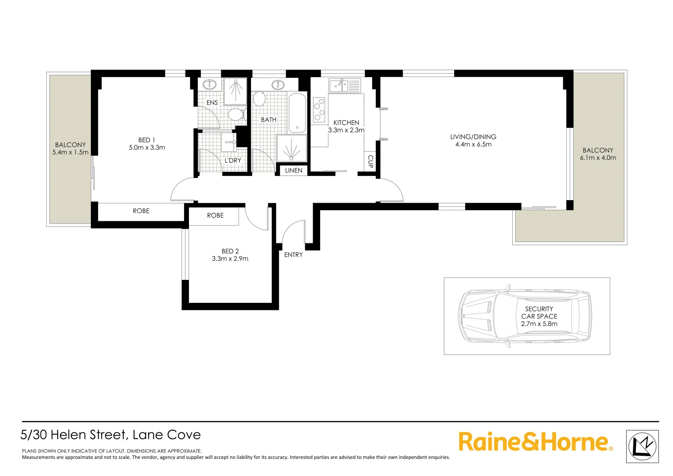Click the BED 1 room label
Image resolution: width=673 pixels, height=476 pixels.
[147, 140]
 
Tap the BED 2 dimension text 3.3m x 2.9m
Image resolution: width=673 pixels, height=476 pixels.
[230, 259]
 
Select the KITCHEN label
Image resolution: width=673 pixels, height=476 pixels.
[346, 123]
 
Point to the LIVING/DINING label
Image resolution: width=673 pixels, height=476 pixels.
[473, 137]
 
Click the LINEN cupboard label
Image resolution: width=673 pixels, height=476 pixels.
[294, 171]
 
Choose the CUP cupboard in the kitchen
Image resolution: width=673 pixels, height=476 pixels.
[370, 161]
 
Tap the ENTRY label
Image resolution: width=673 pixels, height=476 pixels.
[293, 255]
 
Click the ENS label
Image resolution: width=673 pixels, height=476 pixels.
[212, 103]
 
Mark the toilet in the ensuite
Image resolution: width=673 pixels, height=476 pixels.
[236, 115]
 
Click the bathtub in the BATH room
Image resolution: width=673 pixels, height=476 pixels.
[297, 113]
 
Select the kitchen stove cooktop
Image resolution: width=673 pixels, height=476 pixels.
[319, 110]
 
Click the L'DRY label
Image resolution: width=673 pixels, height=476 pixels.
[233, 160]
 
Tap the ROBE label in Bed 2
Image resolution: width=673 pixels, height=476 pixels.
[215, 216]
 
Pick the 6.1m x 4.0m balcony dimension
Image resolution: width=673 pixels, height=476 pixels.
[598, 158]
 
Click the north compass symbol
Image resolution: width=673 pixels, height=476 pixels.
[642, 446]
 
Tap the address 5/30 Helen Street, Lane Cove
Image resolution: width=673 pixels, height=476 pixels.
[111, 435]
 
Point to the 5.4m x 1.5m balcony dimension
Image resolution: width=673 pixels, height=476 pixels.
[70, 152]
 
